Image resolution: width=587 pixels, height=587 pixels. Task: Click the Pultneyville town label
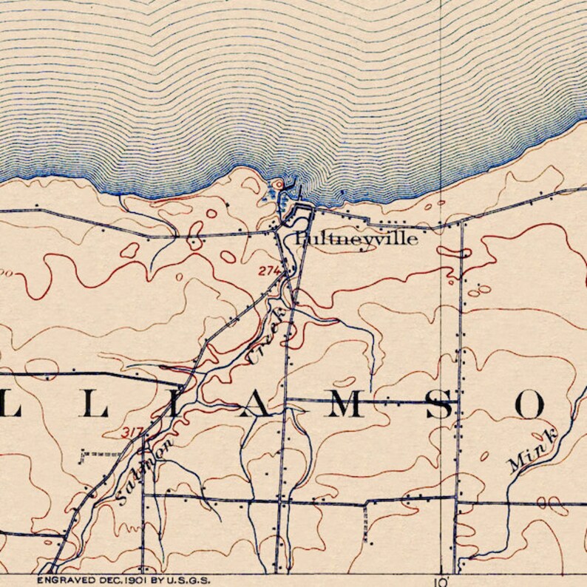(x=356, y=239)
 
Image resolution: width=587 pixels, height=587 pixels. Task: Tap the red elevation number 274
(x=269, y=271)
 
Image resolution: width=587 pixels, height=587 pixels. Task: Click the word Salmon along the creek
(x=145, y=471)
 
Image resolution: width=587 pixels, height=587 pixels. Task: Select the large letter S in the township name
(x=441, y=405)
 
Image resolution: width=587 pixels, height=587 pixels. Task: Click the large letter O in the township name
(x=531, y=405)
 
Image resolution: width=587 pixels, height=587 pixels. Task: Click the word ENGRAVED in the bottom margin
(x=63, y=581)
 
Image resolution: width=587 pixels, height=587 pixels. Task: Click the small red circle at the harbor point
(x=278, y=183)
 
